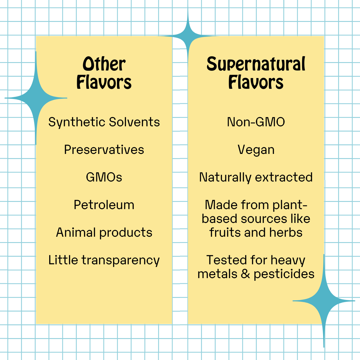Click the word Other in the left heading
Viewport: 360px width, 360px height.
tap(104, 64)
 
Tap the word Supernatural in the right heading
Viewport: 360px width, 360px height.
tap(256, 64)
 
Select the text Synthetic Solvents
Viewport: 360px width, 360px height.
tap(104, 122)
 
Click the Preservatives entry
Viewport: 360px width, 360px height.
tap(104, 150)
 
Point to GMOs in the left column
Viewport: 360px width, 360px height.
tap(104, 177)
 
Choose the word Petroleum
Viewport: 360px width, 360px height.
tap(104, 205)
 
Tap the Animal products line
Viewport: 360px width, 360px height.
tap(104, 232)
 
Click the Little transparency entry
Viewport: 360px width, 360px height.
tap(104, 260)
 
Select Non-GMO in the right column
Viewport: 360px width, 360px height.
tap(256, 122)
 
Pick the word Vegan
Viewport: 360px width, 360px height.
tap(256, 150)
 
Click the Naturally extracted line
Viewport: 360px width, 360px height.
tap(256, 177)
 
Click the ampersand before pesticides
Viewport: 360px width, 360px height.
tap(245, 274)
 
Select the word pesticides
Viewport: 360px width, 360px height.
tap(284, 274)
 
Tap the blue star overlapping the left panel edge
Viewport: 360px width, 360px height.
tap(36, 98)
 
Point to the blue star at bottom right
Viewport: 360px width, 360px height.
tap(324, 301)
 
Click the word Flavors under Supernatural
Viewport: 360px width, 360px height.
tap(256, 82)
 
